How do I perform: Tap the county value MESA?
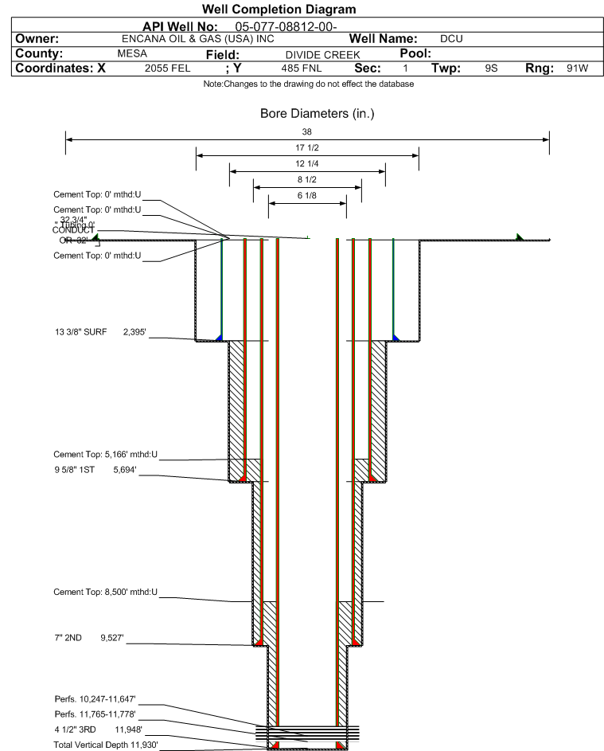click(x=132, y=53)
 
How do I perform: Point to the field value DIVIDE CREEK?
click(x=322, y=54)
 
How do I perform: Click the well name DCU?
click(x=451, y=38)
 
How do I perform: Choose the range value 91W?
click(x=577, y=68)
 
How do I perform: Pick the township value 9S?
click(x=491, y=68)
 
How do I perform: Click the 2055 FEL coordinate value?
click(x=167, y=68)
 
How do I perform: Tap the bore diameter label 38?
click(x=307, y=131)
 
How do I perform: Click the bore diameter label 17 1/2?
click(x=307, y=148)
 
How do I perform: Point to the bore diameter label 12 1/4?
click(x=307, y=163)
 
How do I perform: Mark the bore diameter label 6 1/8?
click(x=307, y=195)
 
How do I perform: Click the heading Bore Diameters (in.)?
click(x=317, y=114)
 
